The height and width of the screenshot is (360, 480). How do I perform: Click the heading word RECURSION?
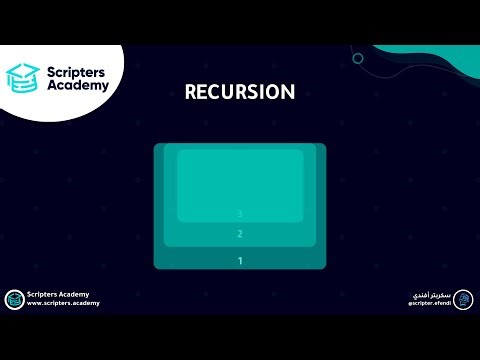coord(240,92)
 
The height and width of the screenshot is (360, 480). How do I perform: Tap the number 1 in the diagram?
coord(240,261)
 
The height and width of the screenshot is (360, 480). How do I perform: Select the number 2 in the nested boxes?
coord(240,235)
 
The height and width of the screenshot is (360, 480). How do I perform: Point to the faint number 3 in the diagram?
coord(240,213)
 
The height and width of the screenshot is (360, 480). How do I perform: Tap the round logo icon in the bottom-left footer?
coord(14,299)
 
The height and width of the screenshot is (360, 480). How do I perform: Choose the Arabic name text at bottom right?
coord(428,294)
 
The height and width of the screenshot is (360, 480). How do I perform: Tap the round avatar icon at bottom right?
coord(463,299)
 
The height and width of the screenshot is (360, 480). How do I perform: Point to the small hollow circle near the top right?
coord(358,58)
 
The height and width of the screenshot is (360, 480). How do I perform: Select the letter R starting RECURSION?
coord(191,92)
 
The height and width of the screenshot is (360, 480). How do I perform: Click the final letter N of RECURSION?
coord(288,92)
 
